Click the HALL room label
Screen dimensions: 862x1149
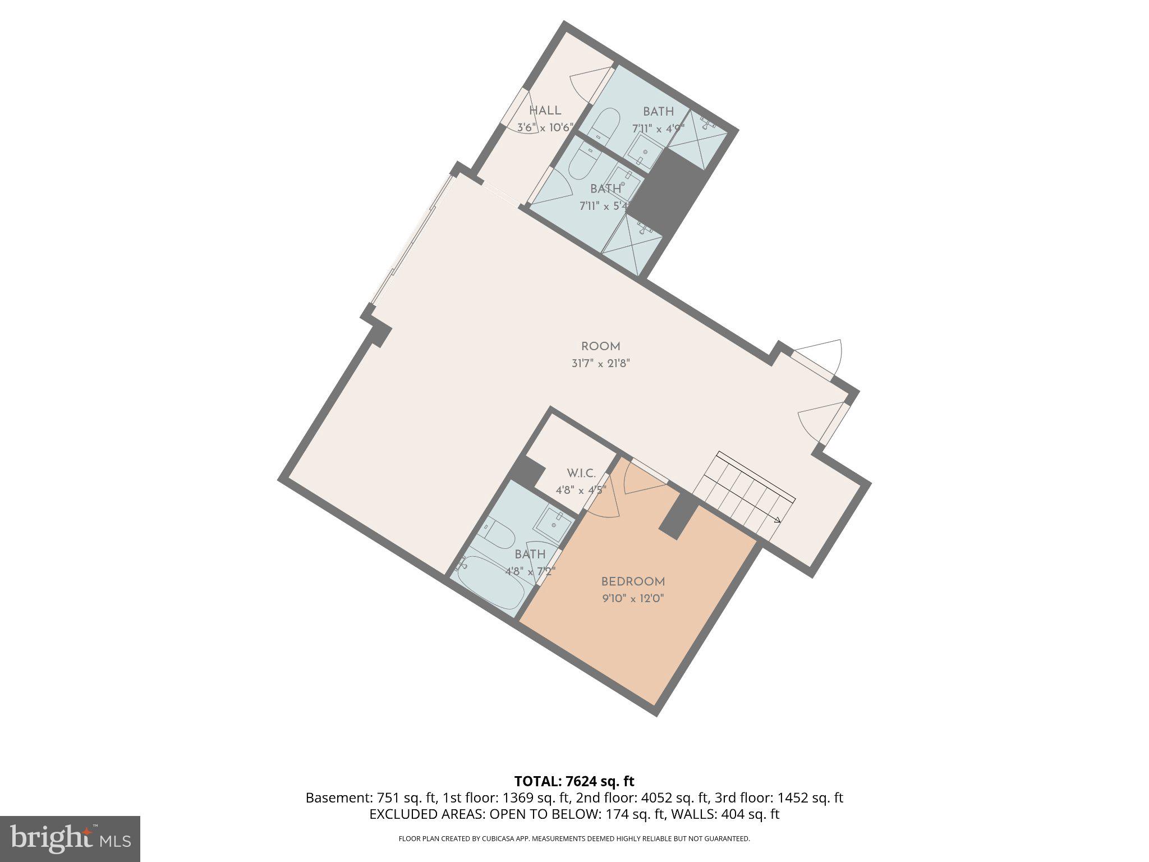545,111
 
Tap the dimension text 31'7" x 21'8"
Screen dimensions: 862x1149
601,363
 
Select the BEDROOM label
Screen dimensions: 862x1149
633,582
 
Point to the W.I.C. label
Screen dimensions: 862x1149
581,473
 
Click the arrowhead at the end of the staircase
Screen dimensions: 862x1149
777,520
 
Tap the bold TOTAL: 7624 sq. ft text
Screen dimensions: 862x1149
574,781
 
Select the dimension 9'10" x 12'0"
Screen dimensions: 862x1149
633,599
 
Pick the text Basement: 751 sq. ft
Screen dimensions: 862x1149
371,798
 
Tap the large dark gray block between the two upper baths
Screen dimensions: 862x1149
667,191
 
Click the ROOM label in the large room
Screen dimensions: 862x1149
600,346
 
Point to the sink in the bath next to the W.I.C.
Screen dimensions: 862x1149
553,525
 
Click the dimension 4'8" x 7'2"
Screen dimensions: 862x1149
530,571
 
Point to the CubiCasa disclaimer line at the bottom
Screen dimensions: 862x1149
574,839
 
